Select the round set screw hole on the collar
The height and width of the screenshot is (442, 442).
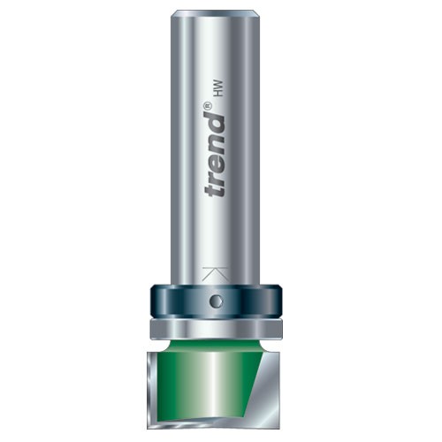click(x=215, y=301)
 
